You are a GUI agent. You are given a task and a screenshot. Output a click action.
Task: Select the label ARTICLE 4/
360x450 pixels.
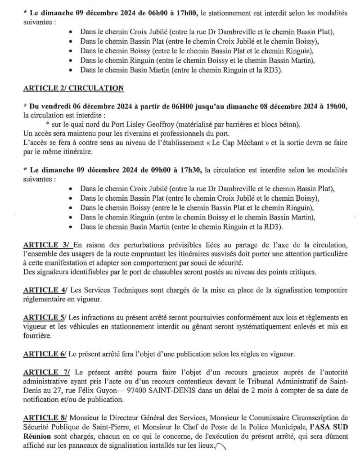45,289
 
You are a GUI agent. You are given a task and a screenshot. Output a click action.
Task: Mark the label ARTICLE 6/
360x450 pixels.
45,354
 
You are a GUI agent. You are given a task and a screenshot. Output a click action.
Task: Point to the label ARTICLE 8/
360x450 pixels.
45,418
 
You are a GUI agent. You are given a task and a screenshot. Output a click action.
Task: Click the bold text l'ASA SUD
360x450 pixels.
318,427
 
